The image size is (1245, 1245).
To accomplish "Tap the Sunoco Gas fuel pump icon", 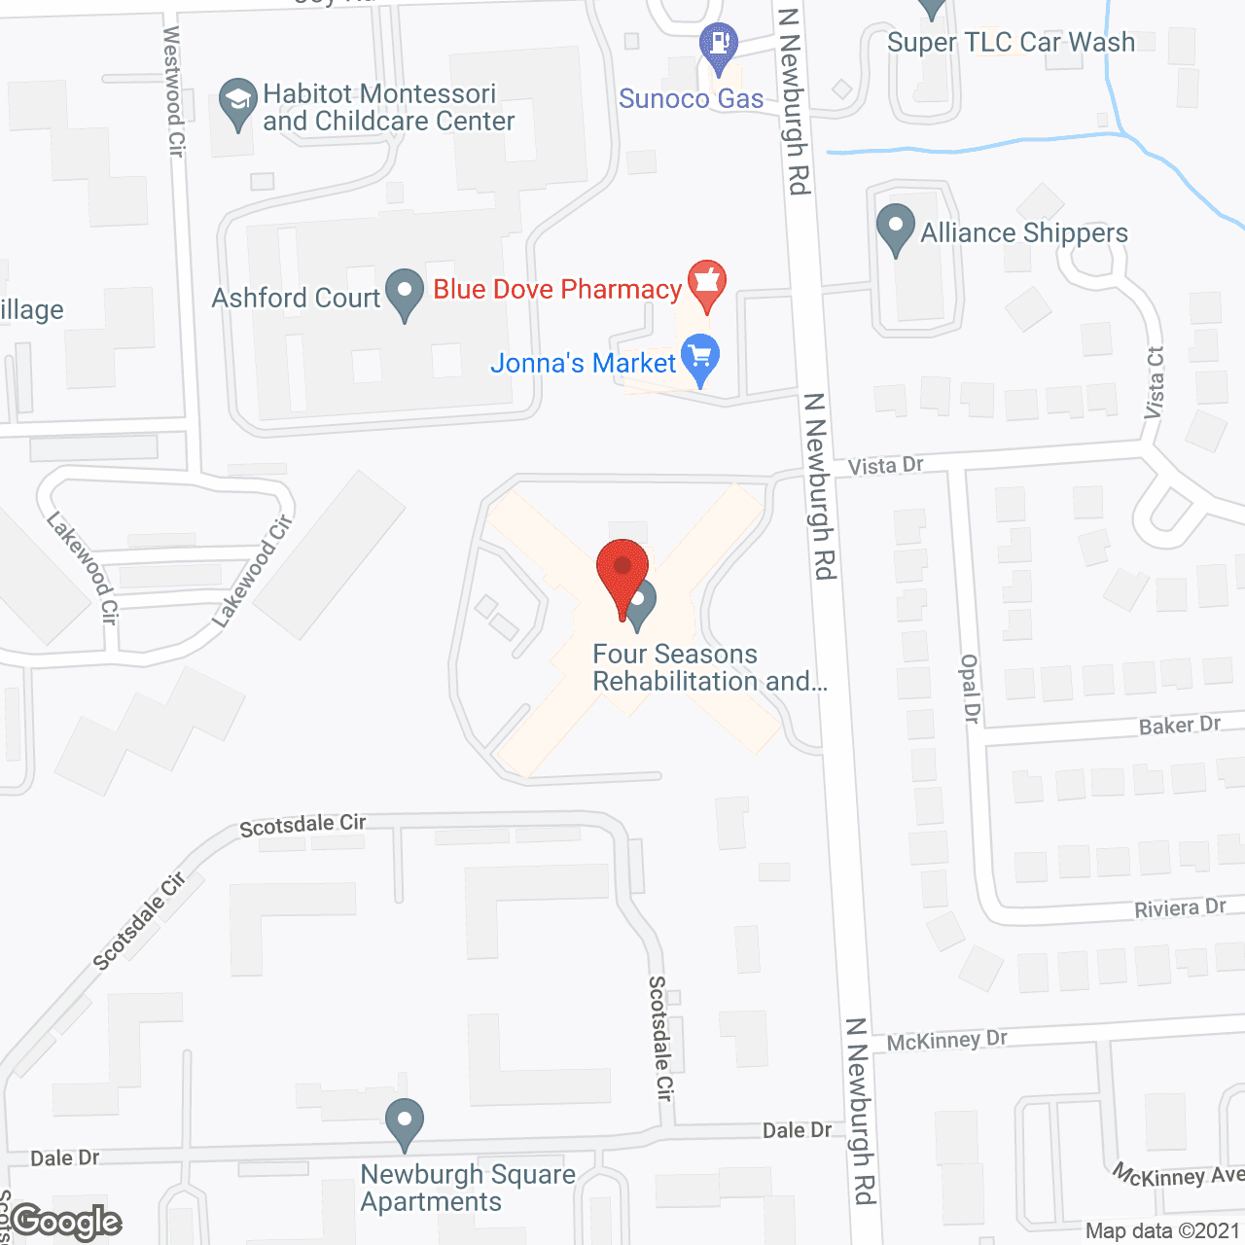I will pos(719,45).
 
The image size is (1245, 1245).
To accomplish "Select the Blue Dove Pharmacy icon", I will pos(707,283).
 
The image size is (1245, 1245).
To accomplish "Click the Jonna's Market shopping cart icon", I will pos(700,357).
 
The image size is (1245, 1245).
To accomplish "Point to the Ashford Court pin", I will pos(405,292).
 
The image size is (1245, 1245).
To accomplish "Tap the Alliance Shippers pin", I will pos(895,228).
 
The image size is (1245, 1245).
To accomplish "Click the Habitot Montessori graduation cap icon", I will pos(237,101).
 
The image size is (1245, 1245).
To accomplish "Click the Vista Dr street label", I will pos(885,466).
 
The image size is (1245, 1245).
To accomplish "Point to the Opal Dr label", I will pos(970,689).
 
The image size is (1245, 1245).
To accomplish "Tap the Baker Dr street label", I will pos(1179,726).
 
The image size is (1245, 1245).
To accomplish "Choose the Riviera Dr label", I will pos(1180,908).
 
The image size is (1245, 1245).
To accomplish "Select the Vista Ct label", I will pos(1155,383).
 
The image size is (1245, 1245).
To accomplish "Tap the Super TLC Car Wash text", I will pos(1011,43).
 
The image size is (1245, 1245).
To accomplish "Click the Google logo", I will pos(66,1222).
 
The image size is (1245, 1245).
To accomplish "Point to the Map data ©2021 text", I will pos(1162,1231).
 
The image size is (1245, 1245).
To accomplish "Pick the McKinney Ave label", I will pos(1178,1175).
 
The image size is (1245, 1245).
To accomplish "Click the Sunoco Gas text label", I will pos(691,99).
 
